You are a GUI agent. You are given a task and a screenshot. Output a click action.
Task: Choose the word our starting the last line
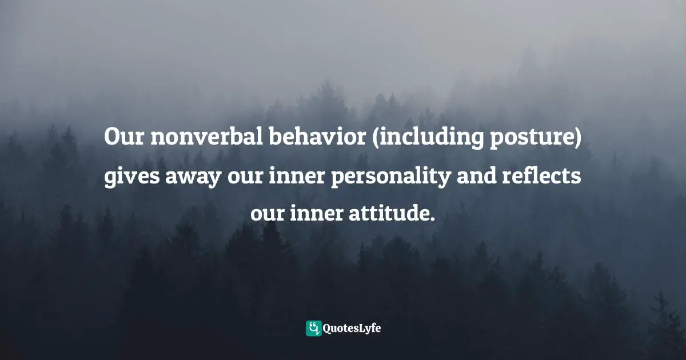coord(266,214)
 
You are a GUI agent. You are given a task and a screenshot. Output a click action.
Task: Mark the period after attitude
coord(432,219)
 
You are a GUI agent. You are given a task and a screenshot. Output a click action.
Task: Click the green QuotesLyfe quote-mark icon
coord(313,328)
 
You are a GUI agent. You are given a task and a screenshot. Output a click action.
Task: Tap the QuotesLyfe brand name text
coord(352,328)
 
